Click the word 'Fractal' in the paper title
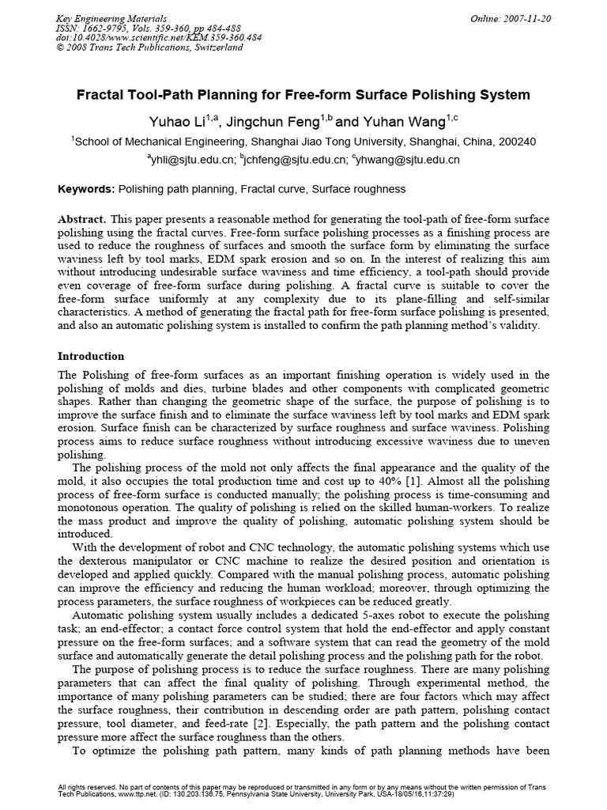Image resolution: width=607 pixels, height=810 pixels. pos(123,95)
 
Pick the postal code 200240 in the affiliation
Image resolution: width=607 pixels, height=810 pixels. pos(517,142)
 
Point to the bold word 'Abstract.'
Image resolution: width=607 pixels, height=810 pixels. pos(82,218)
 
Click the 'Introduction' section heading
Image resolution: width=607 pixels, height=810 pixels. pos(92,357)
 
